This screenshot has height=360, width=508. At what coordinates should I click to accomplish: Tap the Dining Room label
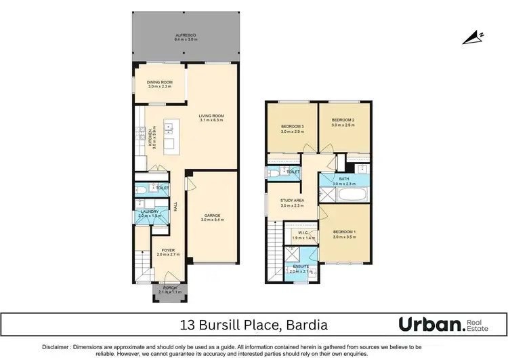point(160,83)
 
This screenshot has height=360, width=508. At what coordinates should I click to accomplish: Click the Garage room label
point(211,217)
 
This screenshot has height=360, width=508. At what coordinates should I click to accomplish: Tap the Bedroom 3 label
point(292,128)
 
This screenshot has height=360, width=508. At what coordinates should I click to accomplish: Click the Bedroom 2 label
point(343,123)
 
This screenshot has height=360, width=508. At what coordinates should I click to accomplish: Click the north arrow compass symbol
point(473,39)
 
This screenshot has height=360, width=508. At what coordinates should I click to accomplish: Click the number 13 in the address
point(187,324)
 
